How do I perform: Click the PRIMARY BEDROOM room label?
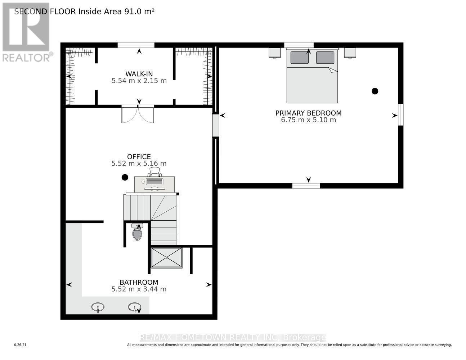308,113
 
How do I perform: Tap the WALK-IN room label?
139,74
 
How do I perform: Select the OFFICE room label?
139,157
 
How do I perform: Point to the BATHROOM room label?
139,282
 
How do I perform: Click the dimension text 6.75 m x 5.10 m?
308,120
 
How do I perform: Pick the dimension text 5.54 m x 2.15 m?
139,81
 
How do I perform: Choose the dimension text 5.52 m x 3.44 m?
139,289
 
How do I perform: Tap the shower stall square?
167,258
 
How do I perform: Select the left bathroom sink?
98,307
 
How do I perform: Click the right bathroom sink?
135,307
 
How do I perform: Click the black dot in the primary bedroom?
375,91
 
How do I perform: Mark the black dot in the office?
125,177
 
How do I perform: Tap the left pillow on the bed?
299,58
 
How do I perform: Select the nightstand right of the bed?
350,53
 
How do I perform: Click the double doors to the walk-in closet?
138,114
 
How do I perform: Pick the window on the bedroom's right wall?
400,115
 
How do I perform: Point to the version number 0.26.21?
21,345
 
